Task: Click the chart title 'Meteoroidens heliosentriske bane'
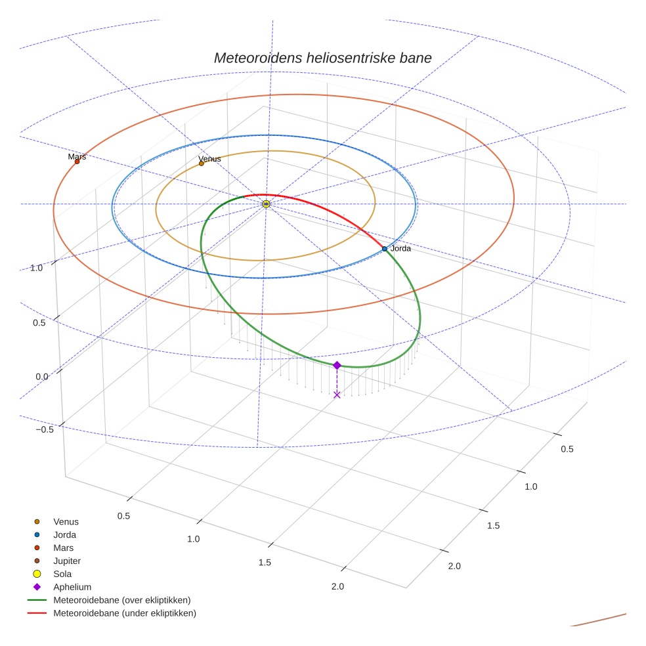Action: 322,58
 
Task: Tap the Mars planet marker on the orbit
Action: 77,161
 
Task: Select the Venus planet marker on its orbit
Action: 202,163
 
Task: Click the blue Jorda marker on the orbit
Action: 385,249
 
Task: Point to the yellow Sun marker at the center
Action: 266,204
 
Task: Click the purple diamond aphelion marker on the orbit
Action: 337,365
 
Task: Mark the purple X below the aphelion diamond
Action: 337,395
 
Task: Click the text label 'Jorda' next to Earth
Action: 400,249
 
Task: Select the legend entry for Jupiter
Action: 66,561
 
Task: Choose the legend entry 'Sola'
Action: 62,574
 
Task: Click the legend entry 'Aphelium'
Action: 72,587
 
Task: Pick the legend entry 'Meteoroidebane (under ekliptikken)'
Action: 125,613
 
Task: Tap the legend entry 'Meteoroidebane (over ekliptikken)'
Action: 122,600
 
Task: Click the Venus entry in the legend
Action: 66,522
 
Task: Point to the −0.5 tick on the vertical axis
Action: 44,429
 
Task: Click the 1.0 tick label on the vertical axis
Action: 36,268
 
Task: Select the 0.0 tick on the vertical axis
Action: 41,376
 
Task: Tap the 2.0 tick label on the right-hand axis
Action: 454,566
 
